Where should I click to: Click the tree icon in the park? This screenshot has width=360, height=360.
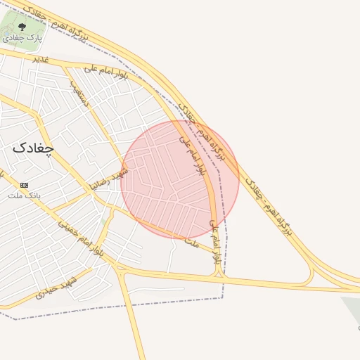coord(22,27)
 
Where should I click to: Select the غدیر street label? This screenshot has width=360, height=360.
coord(41,59)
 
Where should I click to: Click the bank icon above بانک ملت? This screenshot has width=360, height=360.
coord(25,184)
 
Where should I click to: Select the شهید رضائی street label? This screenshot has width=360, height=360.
coord(109,179)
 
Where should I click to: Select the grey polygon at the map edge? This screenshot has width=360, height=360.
coord(352,309)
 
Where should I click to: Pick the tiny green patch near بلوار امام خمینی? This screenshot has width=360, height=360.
coord(104,222)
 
